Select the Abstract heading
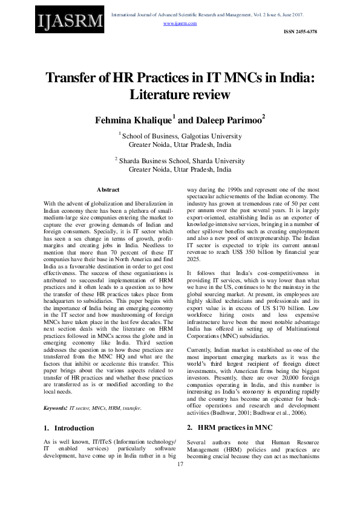click(108, 190)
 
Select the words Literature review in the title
click(180, 95)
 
